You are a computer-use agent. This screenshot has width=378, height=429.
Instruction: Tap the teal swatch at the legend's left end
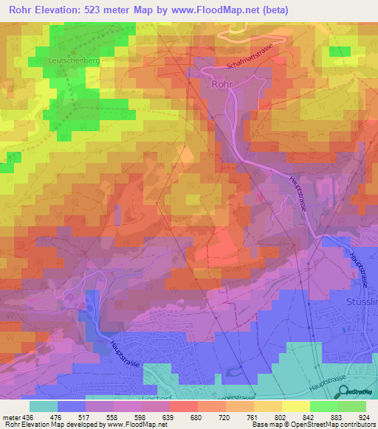coord(44,406)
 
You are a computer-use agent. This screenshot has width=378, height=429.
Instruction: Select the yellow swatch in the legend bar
coord(295,406)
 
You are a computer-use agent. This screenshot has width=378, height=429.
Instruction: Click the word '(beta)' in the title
coord(272,10)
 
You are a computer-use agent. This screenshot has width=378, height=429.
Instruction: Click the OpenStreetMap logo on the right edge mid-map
coord(360,193)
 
